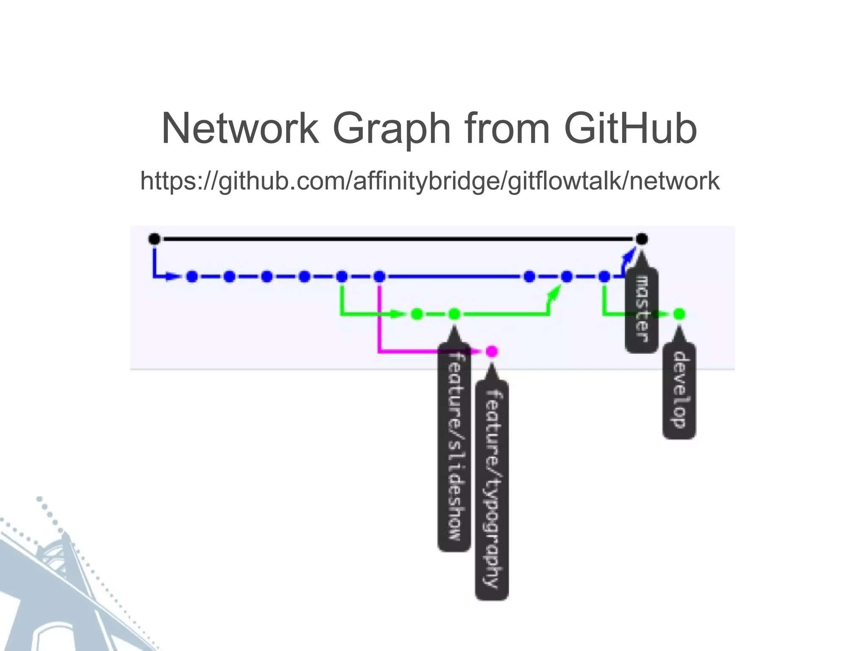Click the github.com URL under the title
click(430, 181)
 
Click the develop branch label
click(679, 390)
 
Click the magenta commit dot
click(492, 351)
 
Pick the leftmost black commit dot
click(155, 239)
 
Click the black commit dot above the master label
click(642, 239)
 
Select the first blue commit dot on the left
click(192, 277)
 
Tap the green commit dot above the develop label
click(679, 314)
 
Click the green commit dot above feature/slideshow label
click(454, 314)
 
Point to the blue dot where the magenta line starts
click(379, 277)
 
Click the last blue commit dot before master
click(604, 277)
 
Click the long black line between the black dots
click(398, 239)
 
